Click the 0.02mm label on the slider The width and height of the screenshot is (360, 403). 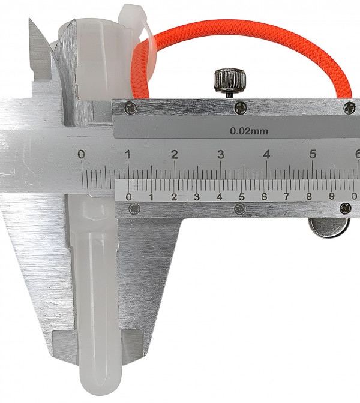point(248,131)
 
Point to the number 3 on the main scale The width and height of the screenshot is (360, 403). point(221,155)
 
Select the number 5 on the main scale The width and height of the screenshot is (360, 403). point(313,154)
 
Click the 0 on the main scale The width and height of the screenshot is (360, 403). point(81,155)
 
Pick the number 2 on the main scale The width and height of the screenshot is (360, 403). point(175,155)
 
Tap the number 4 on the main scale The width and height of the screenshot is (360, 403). point(266,155)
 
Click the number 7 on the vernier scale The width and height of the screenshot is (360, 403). point(286,197)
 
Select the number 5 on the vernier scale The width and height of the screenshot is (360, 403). point(242,197)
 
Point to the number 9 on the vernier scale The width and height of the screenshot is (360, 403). point(332,196)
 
